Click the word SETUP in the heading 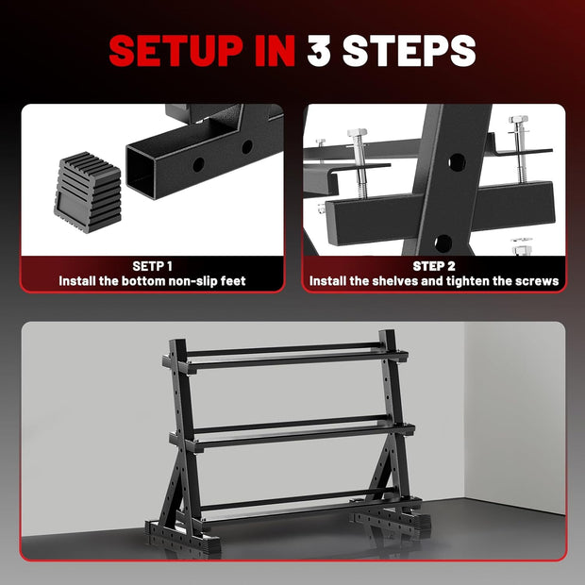[175, 51]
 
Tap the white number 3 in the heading [319, 51]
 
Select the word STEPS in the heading [409, 51]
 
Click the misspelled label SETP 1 [152, 266]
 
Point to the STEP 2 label [434, 266]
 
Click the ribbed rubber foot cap [89, 192]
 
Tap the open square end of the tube [141, 171]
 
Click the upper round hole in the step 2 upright [457, 162]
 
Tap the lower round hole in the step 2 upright [443, 242]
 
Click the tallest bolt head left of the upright [357, 133]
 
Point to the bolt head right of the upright [518, 120]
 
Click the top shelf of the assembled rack [285, 356]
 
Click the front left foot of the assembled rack [182, 537]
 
